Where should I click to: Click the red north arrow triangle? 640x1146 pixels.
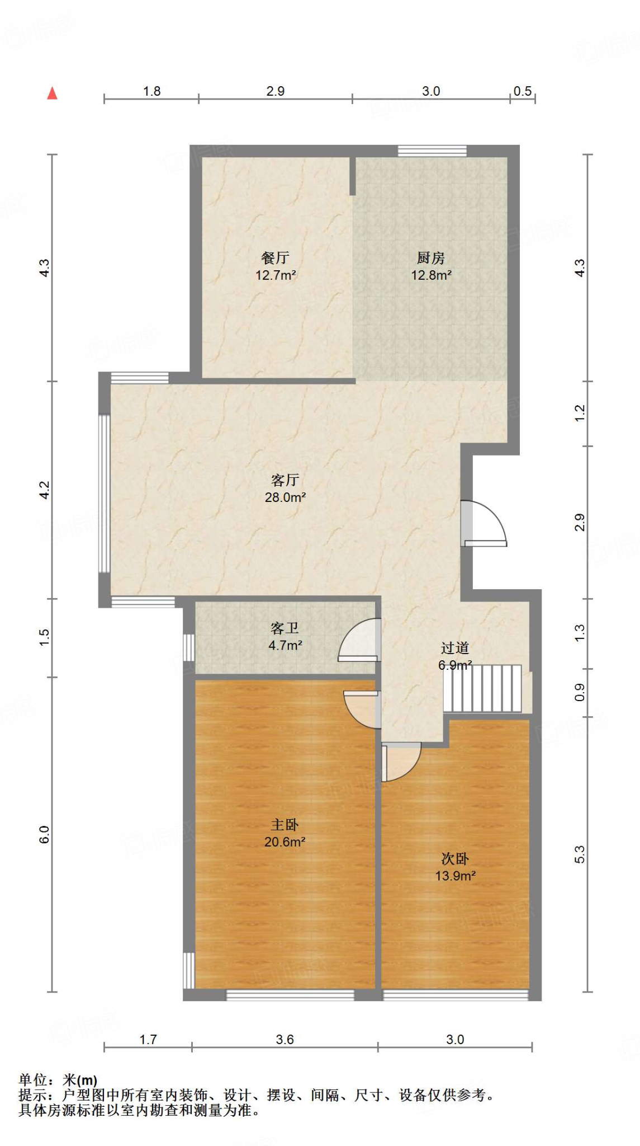[52, 93]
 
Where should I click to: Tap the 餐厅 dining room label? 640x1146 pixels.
[275, 258]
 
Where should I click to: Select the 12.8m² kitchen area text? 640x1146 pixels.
[431, 275]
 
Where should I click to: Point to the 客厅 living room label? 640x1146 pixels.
[285, 480]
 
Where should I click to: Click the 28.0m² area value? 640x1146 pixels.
[285, 497]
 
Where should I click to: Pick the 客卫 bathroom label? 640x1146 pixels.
[285, 628]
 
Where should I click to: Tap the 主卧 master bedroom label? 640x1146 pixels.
[285, 825]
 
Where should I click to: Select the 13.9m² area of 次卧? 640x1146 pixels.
[455, 876]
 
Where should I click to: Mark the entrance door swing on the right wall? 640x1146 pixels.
[484, 523]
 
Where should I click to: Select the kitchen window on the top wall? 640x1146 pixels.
[432, 151]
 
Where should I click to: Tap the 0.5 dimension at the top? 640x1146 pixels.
[523, 91]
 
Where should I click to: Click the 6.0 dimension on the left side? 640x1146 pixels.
[45, 834]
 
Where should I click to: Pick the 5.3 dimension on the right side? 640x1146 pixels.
[580, 854]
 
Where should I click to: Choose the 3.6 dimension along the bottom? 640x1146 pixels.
[285, 1040]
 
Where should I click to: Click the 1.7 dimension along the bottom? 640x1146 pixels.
[148, 1040]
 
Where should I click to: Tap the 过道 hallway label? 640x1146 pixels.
[454, 648]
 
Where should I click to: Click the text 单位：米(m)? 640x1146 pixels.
[58, 1080]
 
